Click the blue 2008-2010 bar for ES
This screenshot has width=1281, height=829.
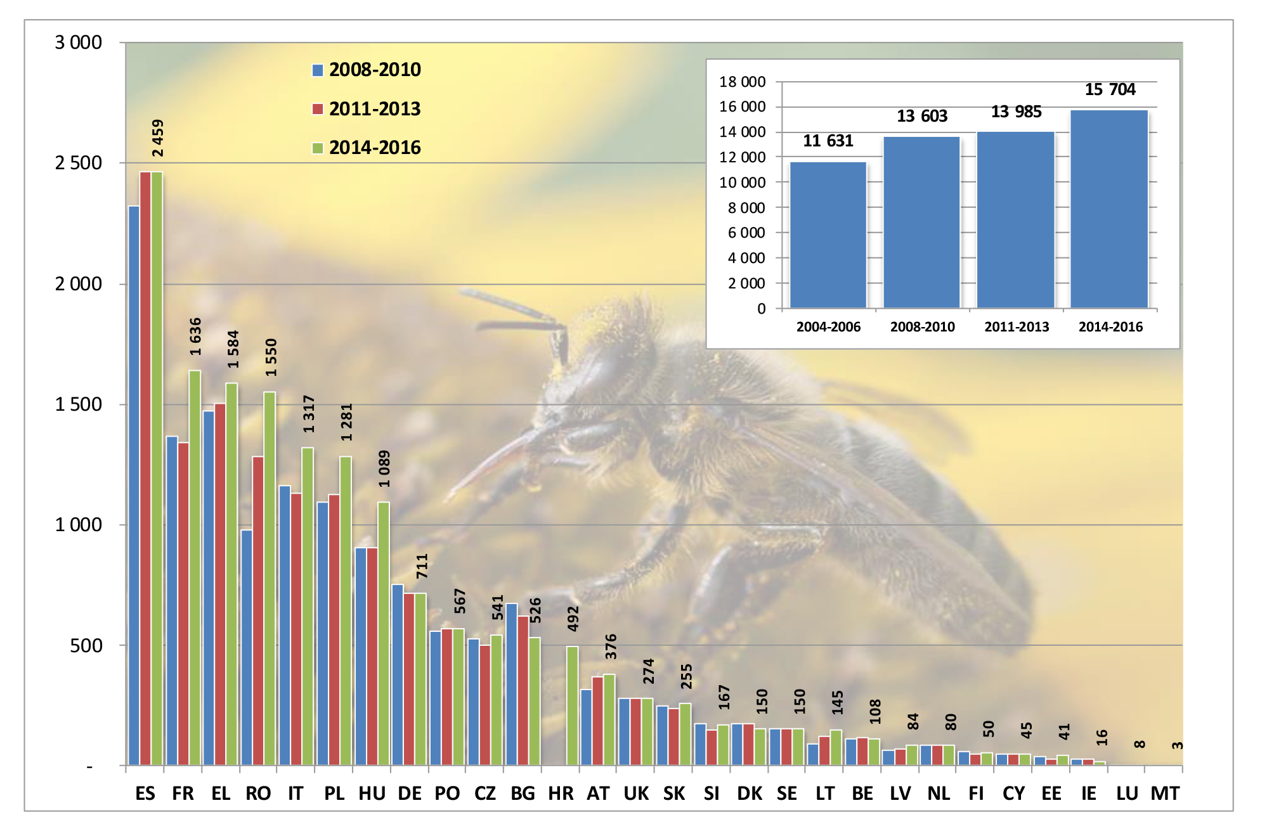[134, 485]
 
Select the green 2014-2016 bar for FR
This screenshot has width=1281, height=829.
[195, 567]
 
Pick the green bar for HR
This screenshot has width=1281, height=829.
[572, 705]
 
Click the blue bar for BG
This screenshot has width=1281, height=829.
[511, 684]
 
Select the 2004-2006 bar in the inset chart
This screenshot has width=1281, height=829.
[828, 235]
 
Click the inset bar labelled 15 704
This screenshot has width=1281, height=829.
[1109, 209]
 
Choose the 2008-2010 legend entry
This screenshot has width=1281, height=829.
[367, 70]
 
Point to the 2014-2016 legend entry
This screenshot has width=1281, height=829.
[367, 148]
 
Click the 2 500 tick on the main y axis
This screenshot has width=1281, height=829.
[79, 163]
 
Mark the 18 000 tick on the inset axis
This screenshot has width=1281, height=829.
[742, 82]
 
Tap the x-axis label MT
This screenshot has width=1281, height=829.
[1165, 794]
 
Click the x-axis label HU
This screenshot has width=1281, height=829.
[372, 794]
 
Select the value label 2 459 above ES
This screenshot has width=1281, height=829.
[158, 138]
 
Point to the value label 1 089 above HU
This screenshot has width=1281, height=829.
[384, 468]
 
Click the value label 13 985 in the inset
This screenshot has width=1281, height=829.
[1016, 112]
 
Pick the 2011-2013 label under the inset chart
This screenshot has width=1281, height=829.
[1017, 327]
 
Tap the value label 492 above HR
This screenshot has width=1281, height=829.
[573, 619]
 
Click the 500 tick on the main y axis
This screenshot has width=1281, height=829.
[86, 646]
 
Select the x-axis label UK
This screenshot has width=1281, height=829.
[636, 794]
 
